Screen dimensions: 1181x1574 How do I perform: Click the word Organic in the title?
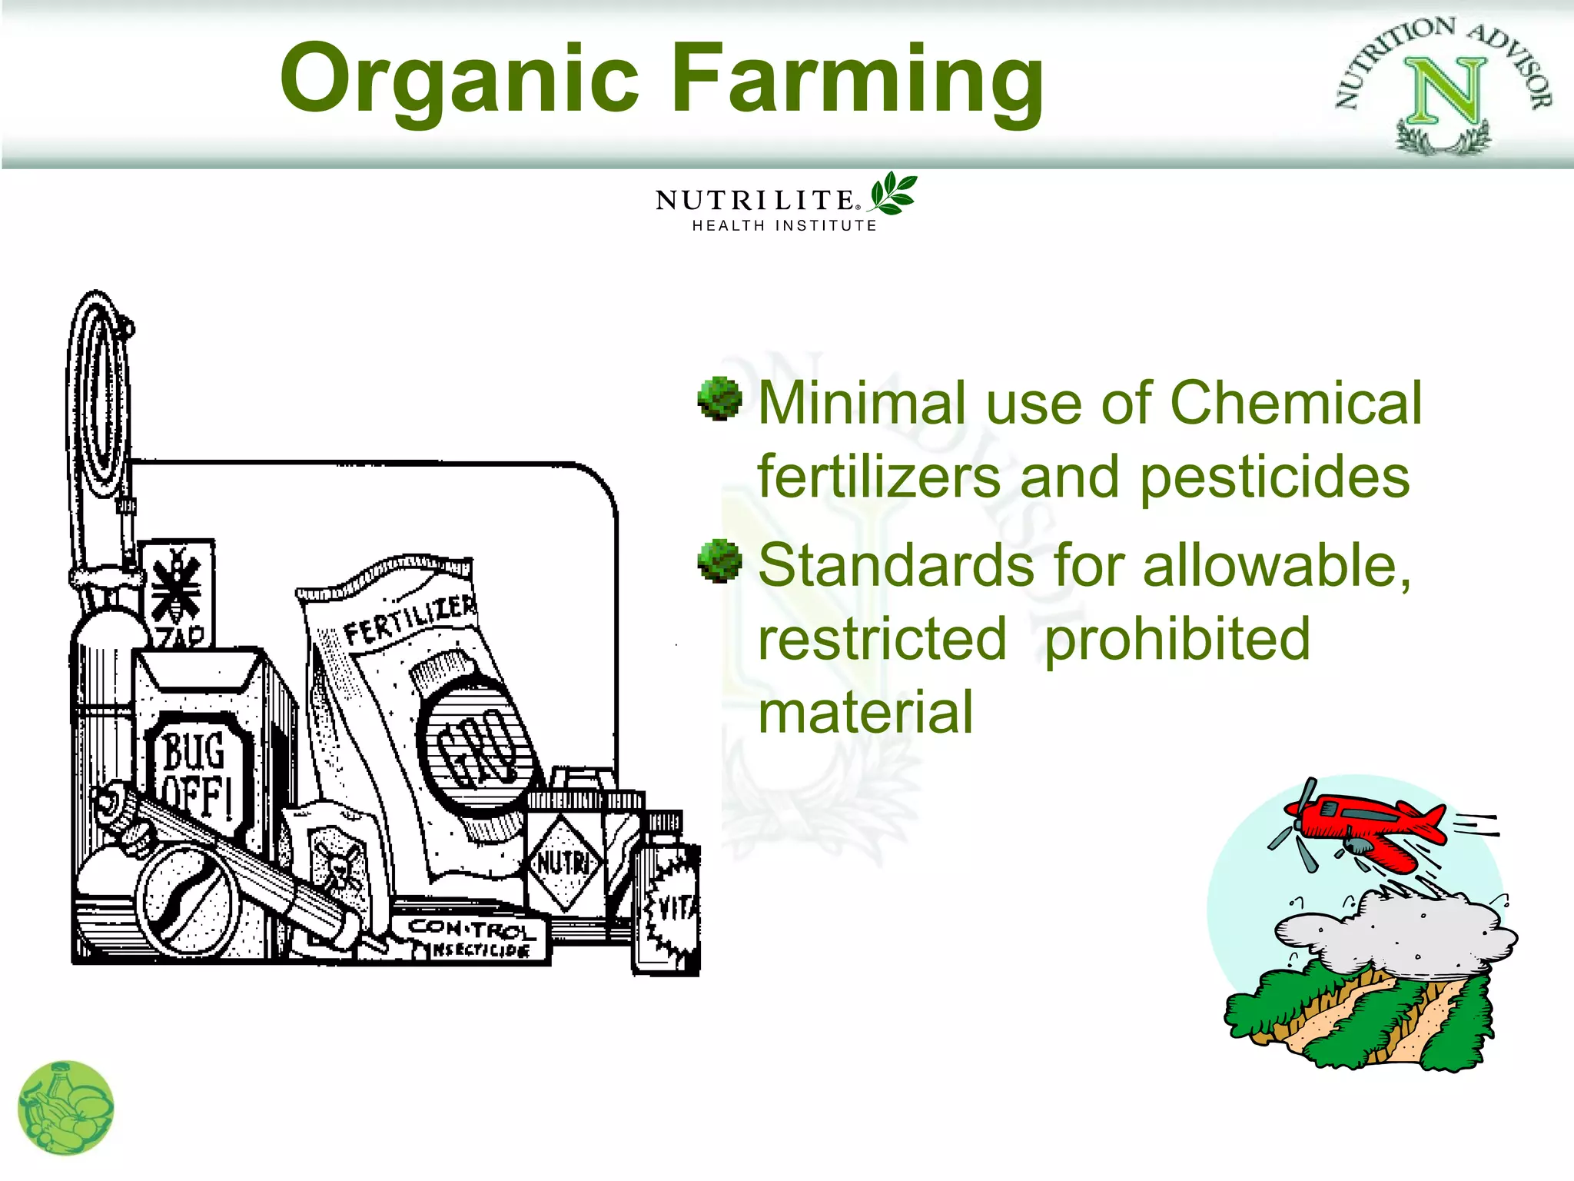click(460, 79)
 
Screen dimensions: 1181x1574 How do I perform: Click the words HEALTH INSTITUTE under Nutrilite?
click(784, 226)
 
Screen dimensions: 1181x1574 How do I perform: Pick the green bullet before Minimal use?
click(719, 399)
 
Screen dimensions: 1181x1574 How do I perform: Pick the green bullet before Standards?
click(719, 561)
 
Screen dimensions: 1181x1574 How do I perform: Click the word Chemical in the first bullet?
click(1295, 403)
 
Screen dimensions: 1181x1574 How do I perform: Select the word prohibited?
click(1177, 639)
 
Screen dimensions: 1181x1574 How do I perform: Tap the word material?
click(865, 712)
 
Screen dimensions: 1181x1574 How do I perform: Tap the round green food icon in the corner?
click(65, 1109)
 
